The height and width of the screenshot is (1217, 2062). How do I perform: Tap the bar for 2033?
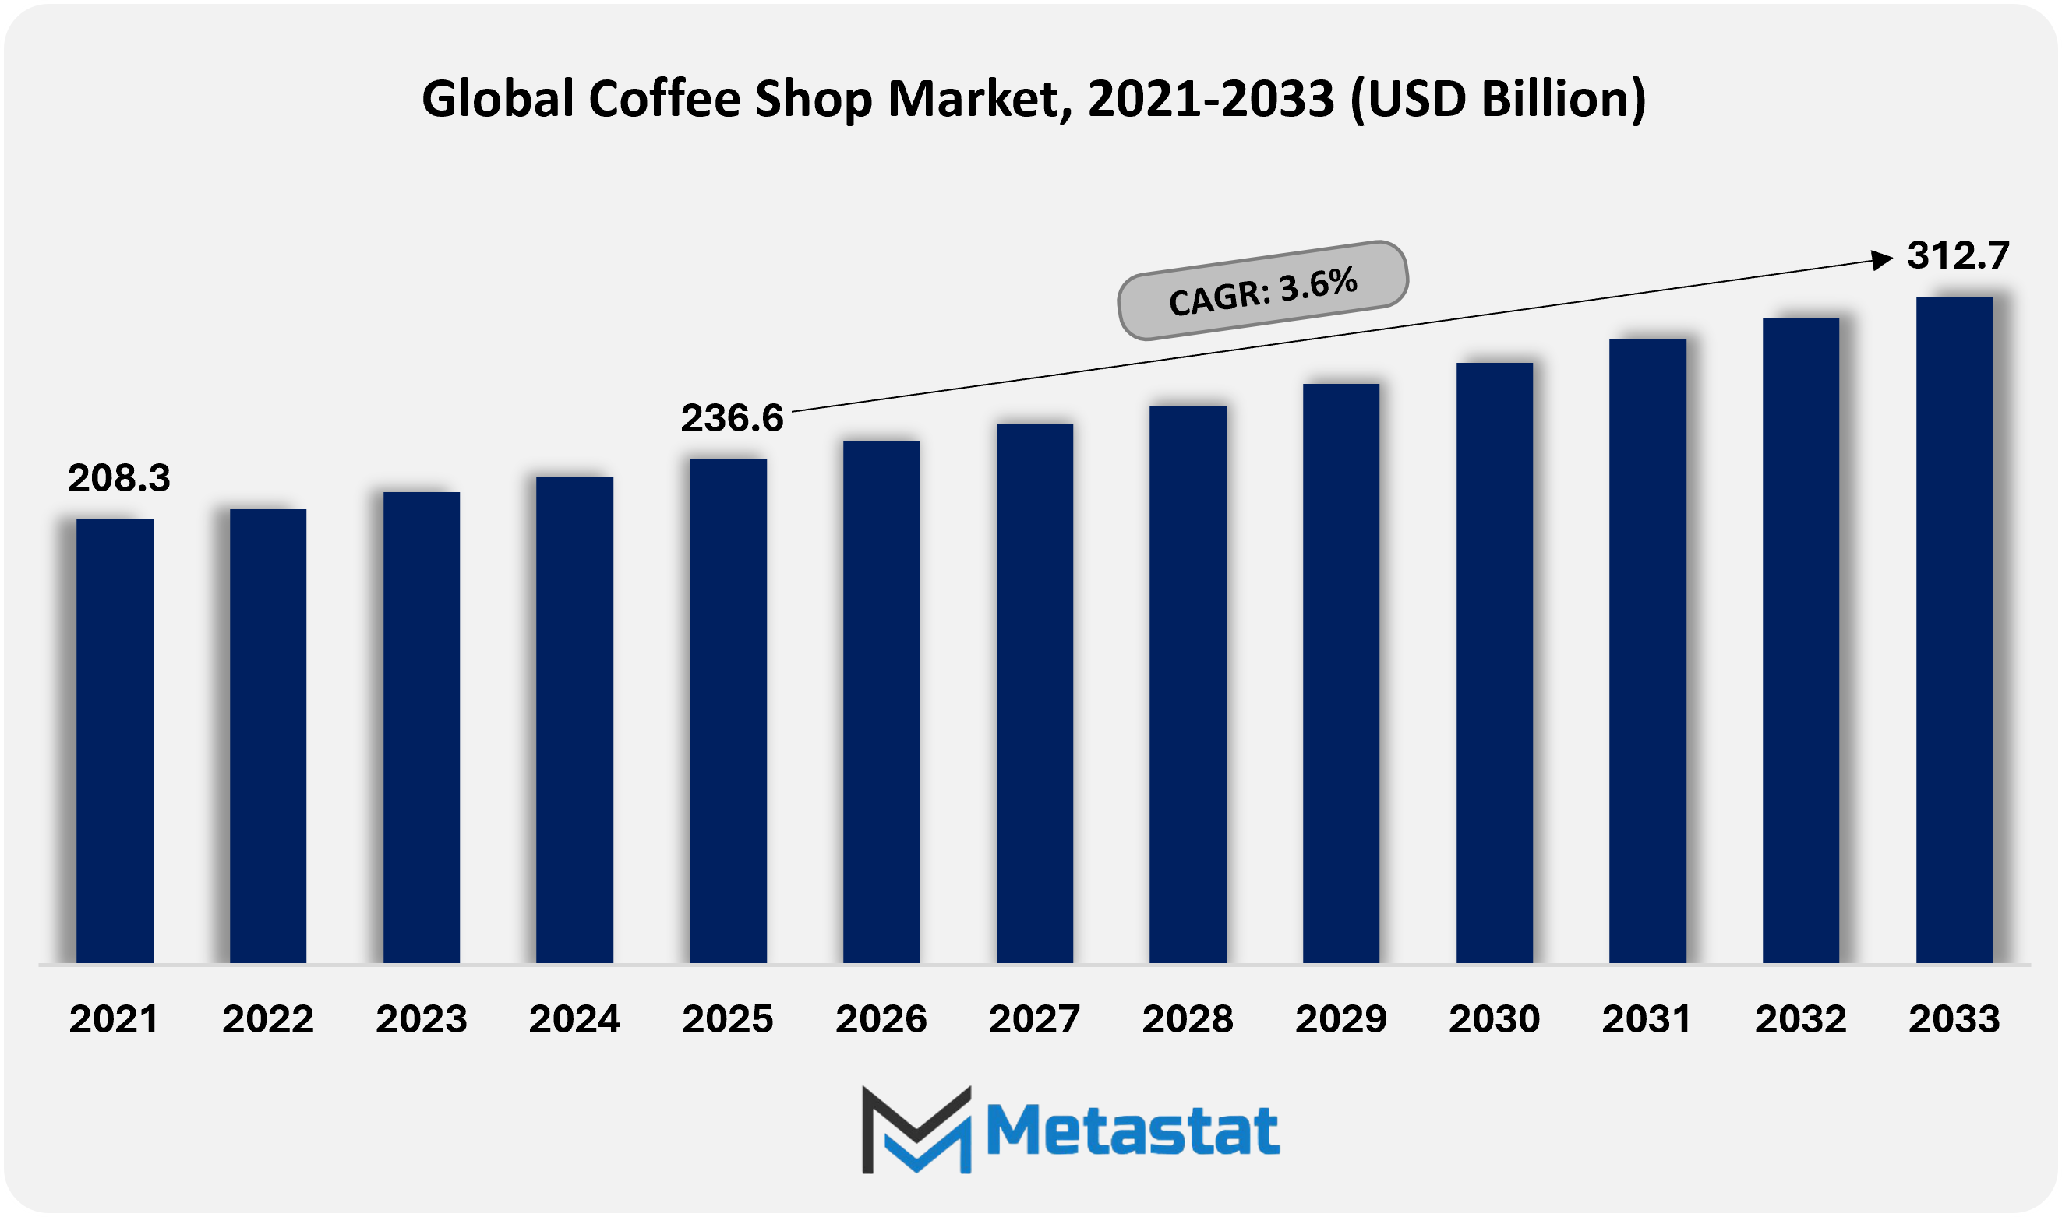pyautogui.click(x=1954, y=629)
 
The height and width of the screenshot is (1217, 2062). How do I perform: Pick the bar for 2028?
pyautogui.click(x=1188, y=684)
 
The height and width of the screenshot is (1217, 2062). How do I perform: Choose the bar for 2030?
pyautogui.click(x=1494, y=663)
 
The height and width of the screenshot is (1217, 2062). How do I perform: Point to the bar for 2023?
pyautogui.click(x=421, y=727)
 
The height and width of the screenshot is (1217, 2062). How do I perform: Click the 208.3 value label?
pyautogui.click(x=119, y=478)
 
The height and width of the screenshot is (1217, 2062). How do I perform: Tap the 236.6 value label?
pyautogui.click(x=732, y=418)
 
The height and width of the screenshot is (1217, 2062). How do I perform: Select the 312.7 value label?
pyautogui.click(x=1958, y=256)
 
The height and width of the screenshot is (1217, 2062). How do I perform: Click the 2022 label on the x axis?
pyautogui.click(x=268, y=1019)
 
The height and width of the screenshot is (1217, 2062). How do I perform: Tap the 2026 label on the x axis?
pyautogui.click(x=881, y=1019)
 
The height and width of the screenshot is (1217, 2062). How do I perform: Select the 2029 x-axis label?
pyautogui.click(x=1340, y=1019)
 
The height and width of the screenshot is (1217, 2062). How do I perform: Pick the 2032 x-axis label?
pyautogui.click(x=1800, y=1019)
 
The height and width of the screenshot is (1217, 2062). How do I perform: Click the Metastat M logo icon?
pyautogui.click(x=916, y=1130)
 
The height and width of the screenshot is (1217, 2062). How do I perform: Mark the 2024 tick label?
pyautogui.click(x=574, y=1019)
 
